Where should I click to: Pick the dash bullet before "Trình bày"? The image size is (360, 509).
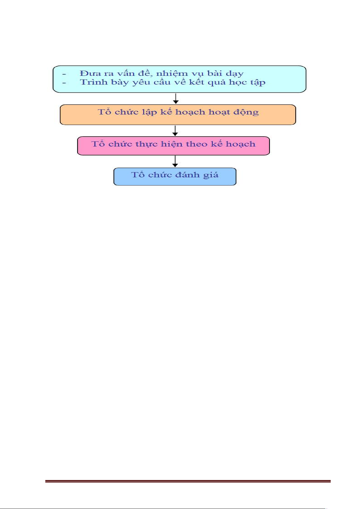click(64, 83)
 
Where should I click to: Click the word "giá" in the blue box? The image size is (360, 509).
click(211, 175)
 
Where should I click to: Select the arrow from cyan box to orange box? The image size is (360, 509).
click(175, 98)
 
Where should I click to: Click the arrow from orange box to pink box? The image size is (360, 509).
click(175, 131)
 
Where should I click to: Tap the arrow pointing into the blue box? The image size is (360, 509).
click(175, 161)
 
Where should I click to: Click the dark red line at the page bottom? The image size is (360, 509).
click(188, 481)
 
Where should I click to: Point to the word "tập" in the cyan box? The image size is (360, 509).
click(258, 82)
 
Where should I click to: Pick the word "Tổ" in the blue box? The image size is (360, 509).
click(138, 174)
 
